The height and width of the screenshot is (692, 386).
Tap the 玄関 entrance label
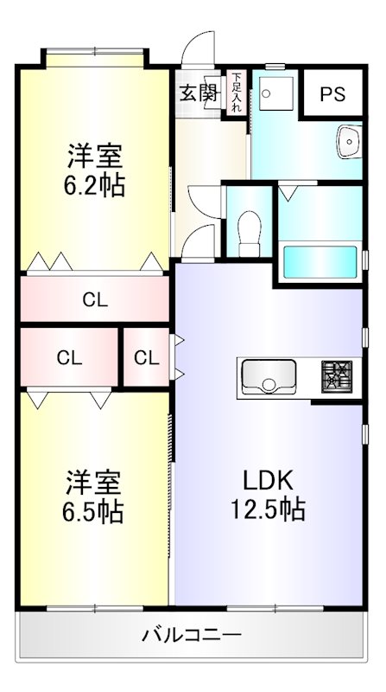point(198,93)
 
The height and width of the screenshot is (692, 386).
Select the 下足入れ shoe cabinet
point(234,93)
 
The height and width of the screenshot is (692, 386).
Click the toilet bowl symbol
point(248,227)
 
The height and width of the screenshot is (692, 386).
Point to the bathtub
point(320,259)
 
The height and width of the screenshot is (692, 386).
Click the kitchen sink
point(269,376)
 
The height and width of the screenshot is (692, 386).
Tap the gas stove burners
point(337,375)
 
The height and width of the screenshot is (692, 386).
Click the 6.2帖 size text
point(95,185)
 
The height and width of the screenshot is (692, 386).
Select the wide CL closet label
point(95,299)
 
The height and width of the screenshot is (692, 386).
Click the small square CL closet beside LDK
point(147,357)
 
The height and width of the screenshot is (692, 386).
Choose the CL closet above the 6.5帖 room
point(69,357)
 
